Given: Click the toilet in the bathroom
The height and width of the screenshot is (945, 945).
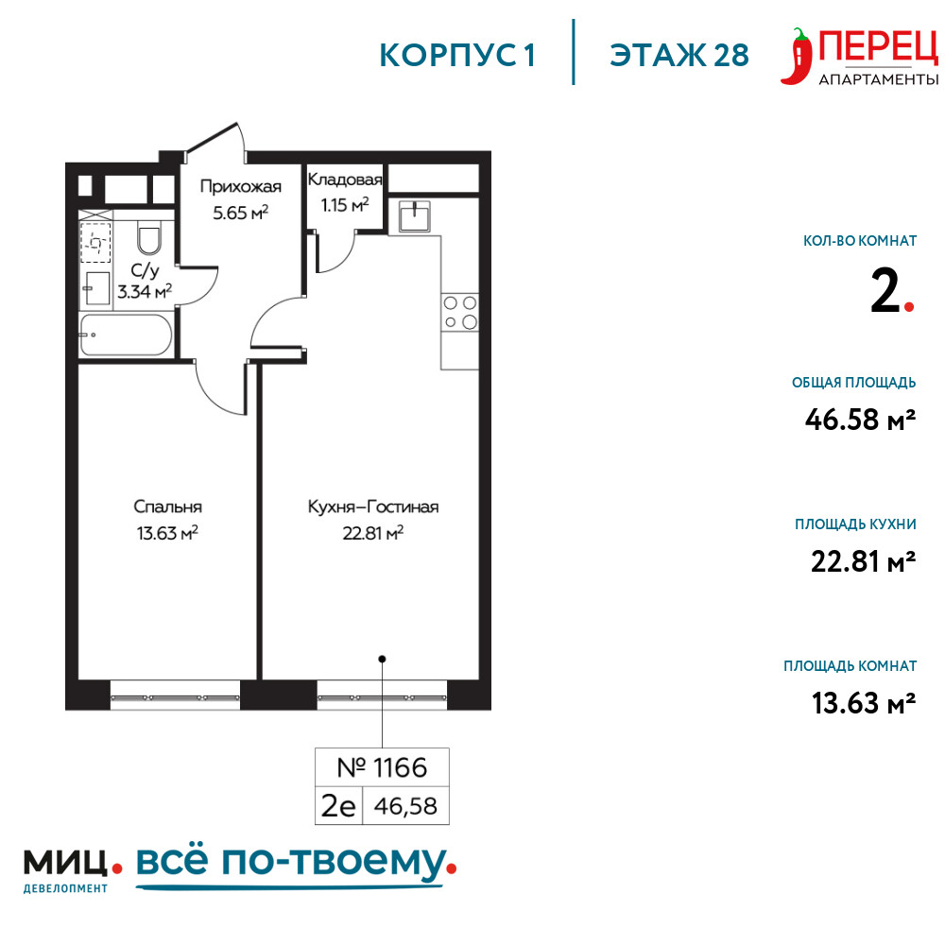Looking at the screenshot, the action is [149, 238].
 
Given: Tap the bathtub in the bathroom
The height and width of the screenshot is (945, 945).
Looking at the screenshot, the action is [127, 335].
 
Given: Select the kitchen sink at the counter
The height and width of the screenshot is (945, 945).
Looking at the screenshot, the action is [415, 215].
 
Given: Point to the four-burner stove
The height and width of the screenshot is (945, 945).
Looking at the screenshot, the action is [460, 312].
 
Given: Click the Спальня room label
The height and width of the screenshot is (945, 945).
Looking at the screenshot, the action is [167, 507].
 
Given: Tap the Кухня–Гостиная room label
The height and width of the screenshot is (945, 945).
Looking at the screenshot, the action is [373, 507].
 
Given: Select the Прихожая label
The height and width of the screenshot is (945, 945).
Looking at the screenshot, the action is [240, 186].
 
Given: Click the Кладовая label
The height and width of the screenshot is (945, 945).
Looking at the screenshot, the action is [345, 180].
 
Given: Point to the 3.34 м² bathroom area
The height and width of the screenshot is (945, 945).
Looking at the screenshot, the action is [145, 292].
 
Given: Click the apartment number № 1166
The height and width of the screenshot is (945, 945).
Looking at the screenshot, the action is [382, 767].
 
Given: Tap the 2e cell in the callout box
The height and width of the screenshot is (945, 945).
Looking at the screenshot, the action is [338, 806].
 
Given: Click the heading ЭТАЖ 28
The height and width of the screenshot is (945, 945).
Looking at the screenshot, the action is [679, 56].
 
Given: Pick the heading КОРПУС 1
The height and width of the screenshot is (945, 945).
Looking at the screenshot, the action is [457, 56].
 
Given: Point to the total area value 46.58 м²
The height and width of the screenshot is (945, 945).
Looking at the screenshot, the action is [860, 420].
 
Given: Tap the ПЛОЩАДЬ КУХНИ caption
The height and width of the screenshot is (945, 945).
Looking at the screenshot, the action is [855, 524].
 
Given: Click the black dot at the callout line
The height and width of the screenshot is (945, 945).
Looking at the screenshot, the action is [382, 659].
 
